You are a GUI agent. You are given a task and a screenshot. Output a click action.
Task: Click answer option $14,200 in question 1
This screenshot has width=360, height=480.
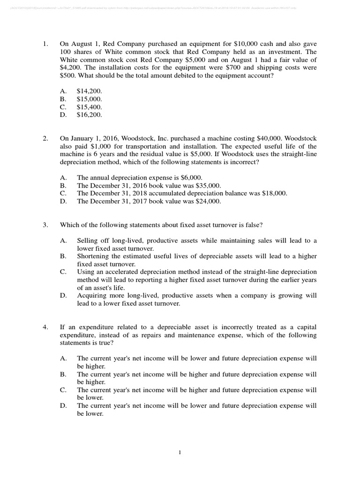coord(89,91)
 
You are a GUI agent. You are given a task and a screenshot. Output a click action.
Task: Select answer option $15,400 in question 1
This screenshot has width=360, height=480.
coord(89,107)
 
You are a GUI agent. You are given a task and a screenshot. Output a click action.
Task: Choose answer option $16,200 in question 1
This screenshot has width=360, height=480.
coord(89,114)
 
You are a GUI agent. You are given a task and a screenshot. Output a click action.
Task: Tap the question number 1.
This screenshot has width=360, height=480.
coord(45,45)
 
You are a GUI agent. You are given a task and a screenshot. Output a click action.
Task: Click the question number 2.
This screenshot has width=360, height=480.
coord(45,139)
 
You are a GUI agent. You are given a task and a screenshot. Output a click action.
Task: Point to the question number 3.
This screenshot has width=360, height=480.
coord(45,225)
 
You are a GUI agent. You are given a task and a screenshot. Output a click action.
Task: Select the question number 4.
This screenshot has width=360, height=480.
coord(45,327)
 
